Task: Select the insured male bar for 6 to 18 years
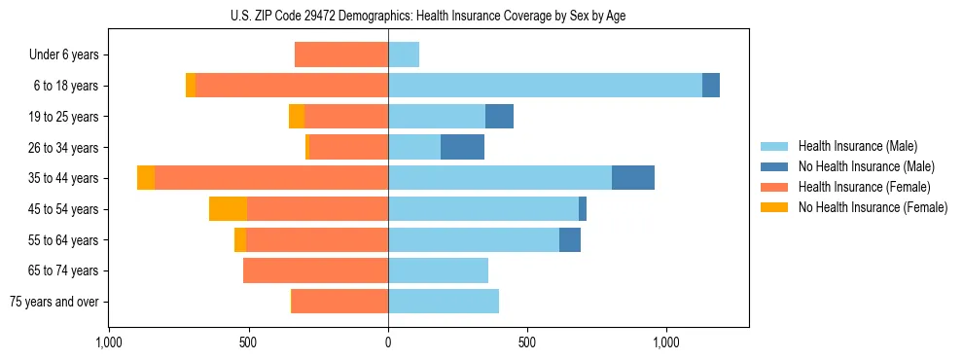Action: click(545, 86)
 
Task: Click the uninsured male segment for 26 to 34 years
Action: click(462, 147)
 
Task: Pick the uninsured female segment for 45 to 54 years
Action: click(228, 209)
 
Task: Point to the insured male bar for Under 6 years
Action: click(404, 54)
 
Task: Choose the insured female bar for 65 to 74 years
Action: click(315, 270)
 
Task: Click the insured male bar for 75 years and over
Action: click(444, 302)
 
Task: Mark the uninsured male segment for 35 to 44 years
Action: click(633, 178)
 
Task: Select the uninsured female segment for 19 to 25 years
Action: click(297, 117)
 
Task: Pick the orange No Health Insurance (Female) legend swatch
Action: click(775, 207)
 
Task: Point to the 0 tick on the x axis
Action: click(388, 342)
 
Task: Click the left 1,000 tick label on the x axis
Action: click(109, 342)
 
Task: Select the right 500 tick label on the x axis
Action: click(527, 342)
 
